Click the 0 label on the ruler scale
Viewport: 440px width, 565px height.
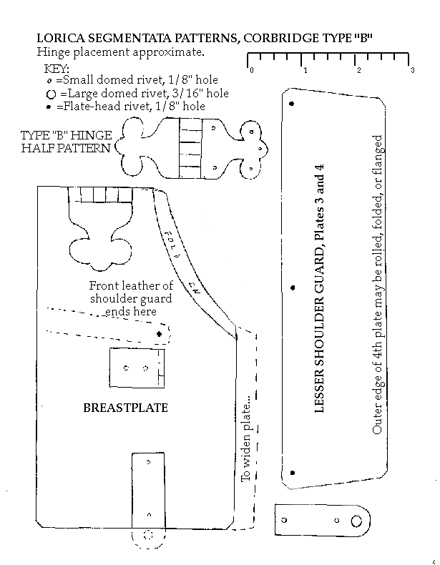251,70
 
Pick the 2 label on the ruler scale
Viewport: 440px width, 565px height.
358,70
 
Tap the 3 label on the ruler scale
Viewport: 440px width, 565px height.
412,70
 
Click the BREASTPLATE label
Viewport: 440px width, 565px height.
125,408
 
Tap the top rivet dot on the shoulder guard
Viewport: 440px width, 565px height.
291,104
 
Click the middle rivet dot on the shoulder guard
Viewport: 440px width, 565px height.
292,288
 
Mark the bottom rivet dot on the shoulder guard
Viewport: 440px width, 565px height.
292,472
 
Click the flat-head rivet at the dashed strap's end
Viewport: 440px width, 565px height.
160,333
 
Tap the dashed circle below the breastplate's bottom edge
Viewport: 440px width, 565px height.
149,534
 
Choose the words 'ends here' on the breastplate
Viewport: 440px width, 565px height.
131,312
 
